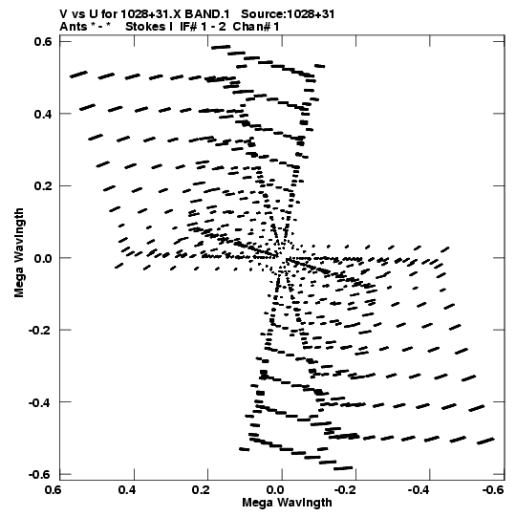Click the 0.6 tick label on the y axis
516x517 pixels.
coord(43,41)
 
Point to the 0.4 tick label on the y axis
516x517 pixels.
coord(43,114)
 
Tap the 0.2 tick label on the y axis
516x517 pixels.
coord(43,186)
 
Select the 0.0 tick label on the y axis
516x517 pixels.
coord(43,258)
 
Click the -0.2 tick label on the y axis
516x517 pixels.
coord(39,331)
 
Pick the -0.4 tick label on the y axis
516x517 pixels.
coord(39,402)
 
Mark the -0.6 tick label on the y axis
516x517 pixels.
coord(39,475)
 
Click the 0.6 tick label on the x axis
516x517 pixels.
coord(53,490)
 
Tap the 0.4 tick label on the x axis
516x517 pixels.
coord(127,490)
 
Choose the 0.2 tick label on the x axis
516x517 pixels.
coord(201,490)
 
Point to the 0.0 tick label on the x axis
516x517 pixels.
coord(275,490)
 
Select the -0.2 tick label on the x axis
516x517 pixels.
coord(346,490)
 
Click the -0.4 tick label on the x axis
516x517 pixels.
coord(419,490)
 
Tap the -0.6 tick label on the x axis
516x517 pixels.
coord(493,490)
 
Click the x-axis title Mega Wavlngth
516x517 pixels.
coord(287,503)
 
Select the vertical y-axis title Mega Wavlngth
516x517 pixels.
coord(19,252)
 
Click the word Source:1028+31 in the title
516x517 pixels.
coord(288,14)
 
